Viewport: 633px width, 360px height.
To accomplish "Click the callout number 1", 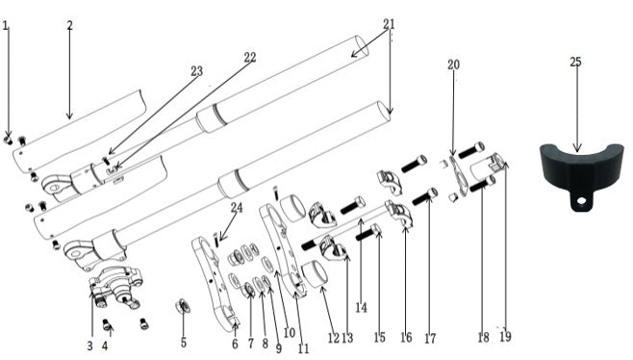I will [x=6, y=26].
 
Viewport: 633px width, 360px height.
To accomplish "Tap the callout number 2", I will [x=69, y=25].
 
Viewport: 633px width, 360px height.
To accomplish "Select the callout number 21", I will [x=389, y=23].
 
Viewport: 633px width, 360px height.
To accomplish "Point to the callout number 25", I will [x=575, y=62].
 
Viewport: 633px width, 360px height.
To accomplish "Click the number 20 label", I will [x=453, y=64].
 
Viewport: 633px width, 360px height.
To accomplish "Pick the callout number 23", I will [x=196, y=70].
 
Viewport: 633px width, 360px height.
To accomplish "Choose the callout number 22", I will [x=249, y=58].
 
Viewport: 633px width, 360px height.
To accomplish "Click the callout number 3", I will [x=89, y=345].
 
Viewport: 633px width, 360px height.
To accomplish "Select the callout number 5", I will [x=184, y=343].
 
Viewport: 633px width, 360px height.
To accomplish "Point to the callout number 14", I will [x=361, y=308].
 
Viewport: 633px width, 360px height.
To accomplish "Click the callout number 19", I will [x=505, y=337].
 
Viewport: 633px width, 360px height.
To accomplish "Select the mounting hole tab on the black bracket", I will [x=579, y=203].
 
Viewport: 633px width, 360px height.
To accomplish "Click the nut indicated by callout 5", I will [x=180, y=307].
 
